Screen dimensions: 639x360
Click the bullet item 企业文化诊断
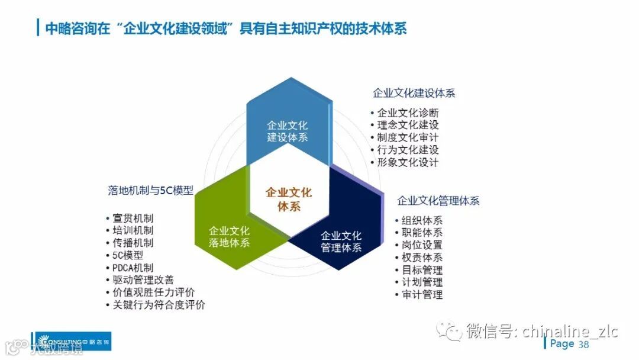(x=408, y=112)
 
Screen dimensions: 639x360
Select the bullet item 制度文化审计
(x=408, y=137)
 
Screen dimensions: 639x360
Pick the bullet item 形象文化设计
(x=408, y=162)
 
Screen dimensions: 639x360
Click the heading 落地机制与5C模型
(x=150, y=190)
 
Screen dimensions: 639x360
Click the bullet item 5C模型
(x=128, y=255)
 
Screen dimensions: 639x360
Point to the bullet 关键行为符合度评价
(x=159, y=305)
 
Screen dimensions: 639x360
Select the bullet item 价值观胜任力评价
(x=153, y=292)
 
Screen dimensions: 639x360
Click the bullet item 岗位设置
(x=421, y=245)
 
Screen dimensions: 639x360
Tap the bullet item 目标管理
(x=421, y=270)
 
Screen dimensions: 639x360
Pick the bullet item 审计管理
(x=421, y=294)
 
